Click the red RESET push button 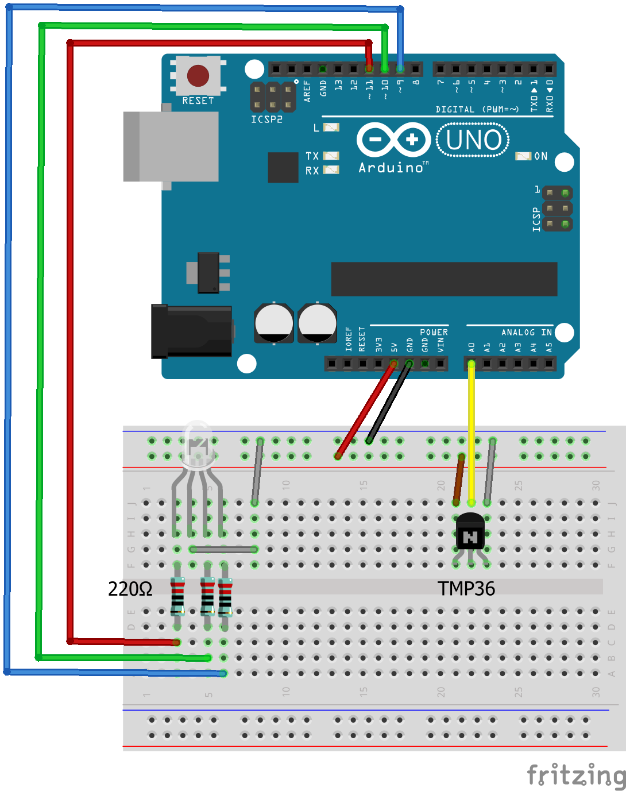tap(198, 75)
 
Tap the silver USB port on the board tap(171, 146)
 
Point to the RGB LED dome tap(197, 442)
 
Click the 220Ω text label tap(130, 589)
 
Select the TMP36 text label tap(466, 589)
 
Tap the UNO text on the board tap(473, 140)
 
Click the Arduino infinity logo tap(393, 140)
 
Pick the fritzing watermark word tap(576, 775)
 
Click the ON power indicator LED tap(523, 156)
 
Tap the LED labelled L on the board tap(331, 128)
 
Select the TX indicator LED tap(331, 156)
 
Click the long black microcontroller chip tap(444, 279)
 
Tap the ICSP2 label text tap(266, 119)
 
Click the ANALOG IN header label tap(526, 332)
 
